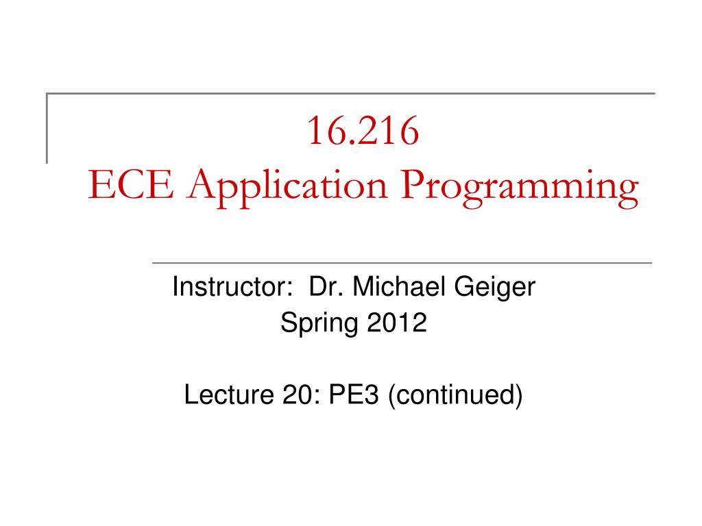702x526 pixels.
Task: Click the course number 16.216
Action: point(363,131)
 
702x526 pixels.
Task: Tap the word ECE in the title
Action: point(131,184)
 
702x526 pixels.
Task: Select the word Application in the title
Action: point(287,188)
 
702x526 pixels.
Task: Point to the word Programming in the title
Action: point(520,188)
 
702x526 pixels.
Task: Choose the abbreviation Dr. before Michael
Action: point(326,286)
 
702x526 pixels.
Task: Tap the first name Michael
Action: point(400,286)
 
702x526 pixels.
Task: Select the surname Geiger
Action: point(495,288)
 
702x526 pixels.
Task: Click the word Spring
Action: point(319,323)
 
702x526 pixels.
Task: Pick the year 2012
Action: point(397,323)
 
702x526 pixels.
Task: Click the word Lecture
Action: point(229,394)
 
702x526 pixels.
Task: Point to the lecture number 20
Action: point(298,394)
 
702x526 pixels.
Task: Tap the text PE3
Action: point(354,394)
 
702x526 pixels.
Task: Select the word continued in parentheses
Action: point(455,394)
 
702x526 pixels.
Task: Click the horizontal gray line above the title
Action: point(350,93)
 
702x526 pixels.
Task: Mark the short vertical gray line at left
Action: point(47,128)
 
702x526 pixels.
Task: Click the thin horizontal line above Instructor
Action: point(402,263)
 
